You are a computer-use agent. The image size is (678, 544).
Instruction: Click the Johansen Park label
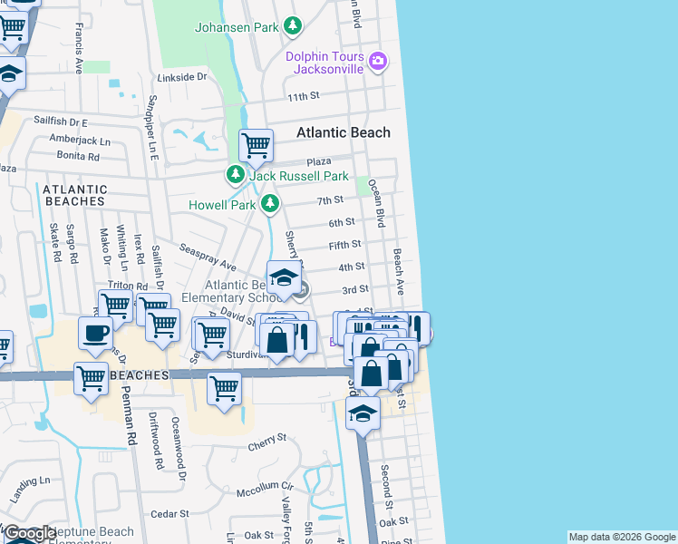coord(237,27)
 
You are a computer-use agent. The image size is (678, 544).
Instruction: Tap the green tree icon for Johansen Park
coord(293,27)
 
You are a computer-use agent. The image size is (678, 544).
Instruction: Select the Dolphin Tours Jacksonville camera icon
coord(378,63)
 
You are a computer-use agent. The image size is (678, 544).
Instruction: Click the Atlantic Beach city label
coord(344,132)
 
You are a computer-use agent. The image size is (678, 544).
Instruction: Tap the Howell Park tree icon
coord(269,205)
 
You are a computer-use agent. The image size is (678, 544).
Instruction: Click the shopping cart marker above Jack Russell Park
coord(257,144)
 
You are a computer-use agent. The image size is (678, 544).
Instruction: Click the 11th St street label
coord(304,96)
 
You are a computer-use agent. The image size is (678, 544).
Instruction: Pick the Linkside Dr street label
coord(182,78)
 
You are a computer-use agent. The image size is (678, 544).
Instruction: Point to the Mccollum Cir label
coord(265,486)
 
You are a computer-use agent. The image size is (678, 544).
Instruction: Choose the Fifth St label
coord(344,245)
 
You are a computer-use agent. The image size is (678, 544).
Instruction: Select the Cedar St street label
coord(168,514)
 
